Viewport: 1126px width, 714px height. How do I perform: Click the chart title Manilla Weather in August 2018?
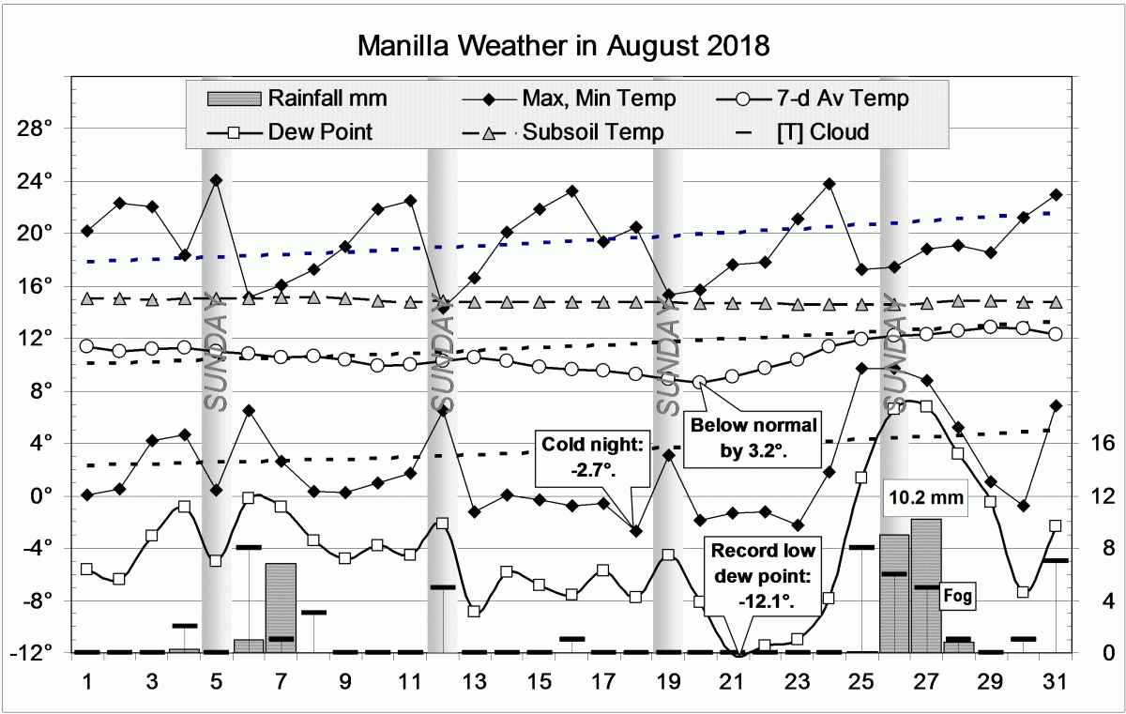(x=563, y=44)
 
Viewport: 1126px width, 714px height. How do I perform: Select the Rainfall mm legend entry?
(x=327, y=98)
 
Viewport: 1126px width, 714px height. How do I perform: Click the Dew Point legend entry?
(x=319, y=132)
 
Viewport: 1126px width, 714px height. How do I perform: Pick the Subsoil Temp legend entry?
(x=592, y=132)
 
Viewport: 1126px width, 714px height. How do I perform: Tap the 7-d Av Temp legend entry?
(x=850, y=98)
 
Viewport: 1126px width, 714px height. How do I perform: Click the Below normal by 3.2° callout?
(x=753, y=438)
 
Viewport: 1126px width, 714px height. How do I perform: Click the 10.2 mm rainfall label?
(x=925, y=499)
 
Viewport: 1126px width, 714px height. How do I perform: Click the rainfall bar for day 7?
(x=281, y=608)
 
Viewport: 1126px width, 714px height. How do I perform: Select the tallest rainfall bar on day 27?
(x=925, y=586)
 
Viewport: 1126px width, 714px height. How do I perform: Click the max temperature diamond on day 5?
(x=216, y=179)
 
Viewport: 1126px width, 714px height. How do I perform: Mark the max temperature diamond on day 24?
(x=829, y=184)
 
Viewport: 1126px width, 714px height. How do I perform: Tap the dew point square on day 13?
(x=474, y=611)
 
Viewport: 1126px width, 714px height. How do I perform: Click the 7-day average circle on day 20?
(x=700, y=382)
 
